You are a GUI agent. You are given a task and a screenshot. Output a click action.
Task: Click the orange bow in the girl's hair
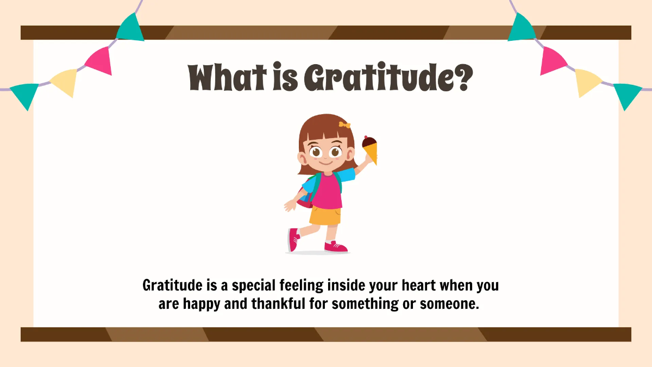pos(344,125)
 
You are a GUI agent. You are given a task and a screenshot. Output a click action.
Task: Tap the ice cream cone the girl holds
pos(370,150)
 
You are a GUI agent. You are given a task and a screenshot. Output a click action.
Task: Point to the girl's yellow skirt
pos(325,215)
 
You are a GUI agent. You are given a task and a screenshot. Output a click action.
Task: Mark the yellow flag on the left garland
pos(65,82)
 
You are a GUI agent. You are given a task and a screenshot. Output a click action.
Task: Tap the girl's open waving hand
pos(290,206)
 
